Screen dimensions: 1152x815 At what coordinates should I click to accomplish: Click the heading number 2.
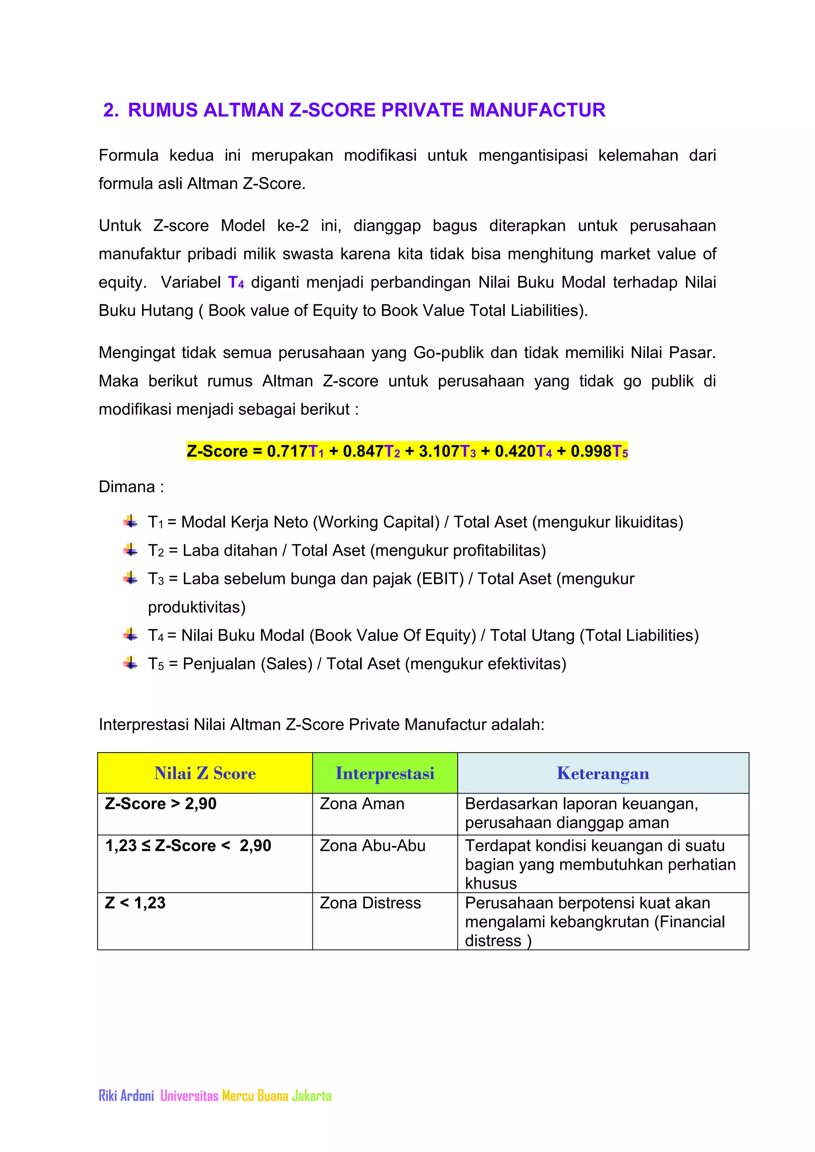pos(110,110)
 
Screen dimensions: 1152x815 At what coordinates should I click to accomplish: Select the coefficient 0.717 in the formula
pos(287,451)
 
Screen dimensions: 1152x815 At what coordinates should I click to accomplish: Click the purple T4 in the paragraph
pos(236,282)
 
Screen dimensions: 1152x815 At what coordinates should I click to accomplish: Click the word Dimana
pos(127,486)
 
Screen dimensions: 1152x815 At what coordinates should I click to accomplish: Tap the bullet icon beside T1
pos(131,522)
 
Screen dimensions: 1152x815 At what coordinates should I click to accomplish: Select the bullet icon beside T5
pos(131,663)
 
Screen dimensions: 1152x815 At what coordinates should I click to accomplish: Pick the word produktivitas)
pos(197,607)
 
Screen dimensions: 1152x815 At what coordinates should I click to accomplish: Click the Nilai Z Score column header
pos(205,773)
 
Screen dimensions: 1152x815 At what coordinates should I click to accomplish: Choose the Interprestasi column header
pos(385,773)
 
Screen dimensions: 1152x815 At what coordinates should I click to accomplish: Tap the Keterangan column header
pos(603,773)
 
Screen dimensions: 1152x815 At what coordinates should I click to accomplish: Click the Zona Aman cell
pos(362,804)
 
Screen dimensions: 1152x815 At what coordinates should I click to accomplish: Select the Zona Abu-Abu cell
pos(372,846)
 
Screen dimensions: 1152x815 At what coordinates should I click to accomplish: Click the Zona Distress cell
pos(370,903)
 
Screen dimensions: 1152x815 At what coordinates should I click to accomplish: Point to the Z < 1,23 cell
pos(135,903)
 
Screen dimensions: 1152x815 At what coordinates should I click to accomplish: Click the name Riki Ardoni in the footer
pos(127,1096)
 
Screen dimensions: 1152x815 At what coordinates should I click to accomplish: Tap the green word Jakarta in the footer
pos(312,1096)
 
